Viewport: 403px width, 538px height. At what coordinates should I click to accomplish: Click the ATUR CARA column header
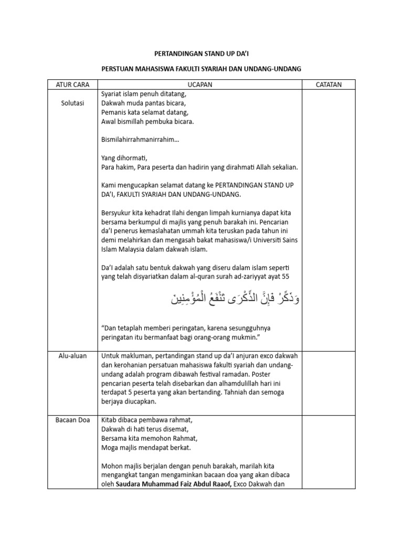(x=72, y=85)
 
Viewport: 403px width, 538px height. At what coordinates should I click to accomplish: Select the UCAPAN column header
(x=200, y=85)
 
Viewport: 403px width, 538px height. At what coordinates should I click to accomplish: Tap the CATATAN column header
(x=328, y=85)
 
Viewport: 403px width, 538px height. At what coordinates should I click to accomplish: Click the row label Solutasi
(x=72, y=103)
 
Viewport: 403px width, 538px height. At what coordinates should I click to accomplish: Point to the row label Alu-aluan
(x=72, y=356)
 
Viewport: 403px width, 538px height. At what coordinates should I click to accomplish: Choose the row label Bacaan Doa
(x=72, y=420)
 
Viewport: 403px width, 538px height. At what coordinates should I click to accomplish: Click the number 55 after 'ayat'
(x=284, y=277)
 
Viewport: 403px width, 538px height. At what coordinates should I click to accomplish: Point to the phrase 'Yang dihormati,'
(x=124, y=158)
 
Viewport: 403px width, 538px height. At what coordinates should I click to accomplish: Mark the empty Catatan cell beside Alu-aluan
(x=328, y=378)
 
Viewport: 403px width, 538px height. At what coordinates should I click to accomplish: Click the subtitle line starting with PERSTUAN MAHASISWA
(x=201, y=69)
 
